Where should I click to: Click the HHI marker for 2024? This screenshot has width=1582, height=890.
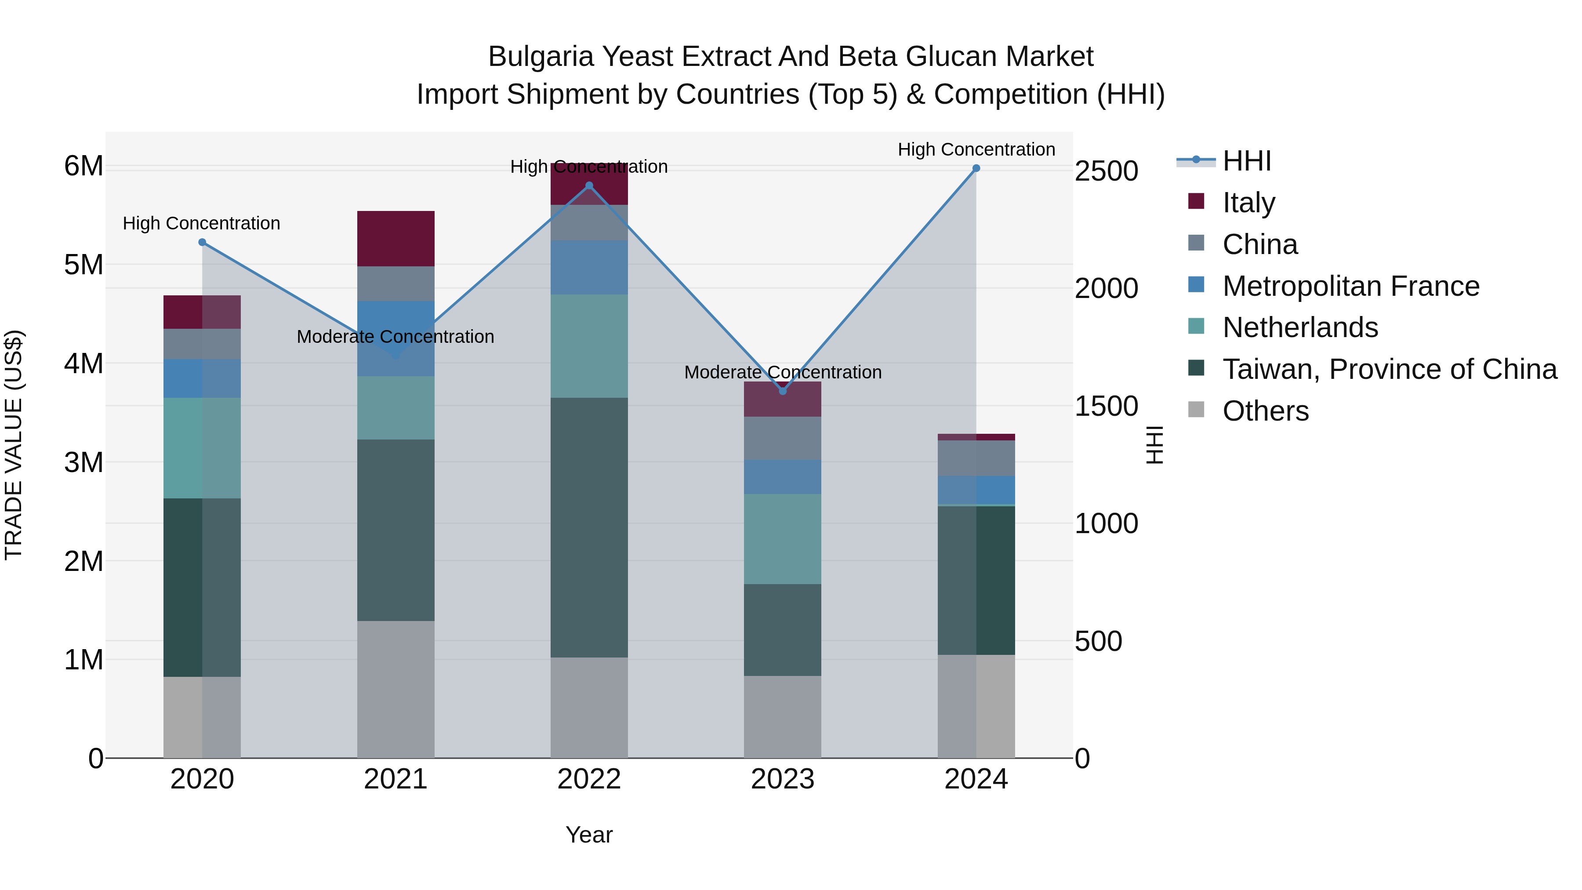(976, 168)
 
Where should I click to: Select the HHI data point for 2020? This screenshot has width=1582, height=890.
(202, 242)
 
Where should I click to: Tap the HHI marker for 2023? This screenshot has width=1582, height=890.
(782, 391)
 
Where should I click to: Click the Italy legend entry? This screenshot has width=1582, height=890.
(1248, 203)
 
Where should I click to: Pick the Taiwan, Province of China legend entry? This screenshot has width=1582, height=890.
(1389, 369)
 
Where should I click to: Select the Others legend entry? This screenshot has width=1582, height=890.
(1265, 411)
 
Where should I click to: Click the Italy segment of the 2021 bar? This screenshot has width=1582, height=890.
(395, 238)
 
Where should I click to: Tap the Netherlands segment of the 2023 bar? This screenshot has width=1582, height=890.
(782, 539)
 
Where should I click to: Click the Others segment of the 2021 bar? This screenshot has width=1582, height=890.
(395, 689)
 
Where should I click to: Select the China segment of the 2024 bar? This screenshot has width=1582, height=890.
(976, 458)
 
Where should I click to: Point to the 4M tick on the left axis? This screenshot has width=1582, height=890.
(83, 363)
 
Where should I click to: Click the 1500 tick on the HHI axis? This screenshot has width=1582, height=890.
(1106, 406)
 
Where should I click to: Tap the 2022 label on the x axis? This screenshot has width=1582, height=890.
(589, 779)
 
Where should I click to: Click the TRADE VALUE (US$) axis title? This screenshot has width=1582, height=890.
(14, 445)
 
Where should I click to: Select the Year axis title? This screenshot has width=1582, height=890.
(589, 835)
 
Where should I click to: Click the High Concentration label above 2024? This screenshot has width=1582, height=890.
(976, 149)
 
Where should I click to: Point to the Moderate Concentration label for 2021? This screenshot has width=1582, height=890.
(395, 337)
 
